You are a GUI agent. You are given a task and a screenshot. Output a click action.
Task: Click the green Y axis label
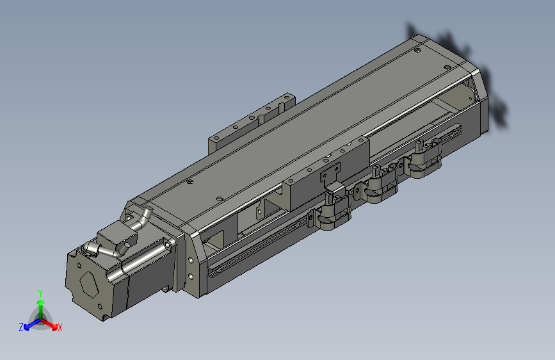tap(40, 293)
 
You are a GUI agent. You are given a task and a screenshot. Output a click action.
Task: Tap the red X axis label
tap(60, 327)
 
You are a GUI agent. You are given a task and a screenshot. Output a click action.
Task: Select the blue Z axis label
tap(21, 327)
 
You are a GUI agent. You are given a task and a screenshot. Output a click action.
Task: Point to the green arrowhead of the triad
tap(41, 302)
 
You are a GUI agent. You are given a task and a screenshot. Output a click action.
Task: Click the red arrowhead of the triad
tap(54, 326)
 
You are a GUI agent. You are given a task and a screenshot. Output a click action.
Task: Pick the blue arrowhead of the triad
tap(26, 327)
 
